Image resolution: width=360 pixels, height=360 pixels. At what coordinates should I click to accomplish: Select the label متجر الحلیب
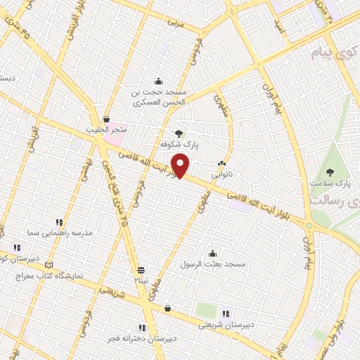pos(107,130)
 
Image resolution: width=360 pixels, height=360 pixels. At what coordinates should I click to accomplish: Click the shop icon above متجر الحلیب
pos(106,120)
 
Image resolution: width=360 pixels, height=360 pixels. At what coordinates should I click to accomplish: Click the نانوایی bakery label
pos(225,171)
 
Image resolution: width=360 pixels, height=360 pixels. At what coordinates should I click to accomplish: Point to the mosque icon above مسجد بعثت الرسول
pos(213,253)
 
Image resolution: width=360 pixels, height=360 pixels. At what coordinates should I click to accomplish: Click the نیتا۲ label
pos(140,280)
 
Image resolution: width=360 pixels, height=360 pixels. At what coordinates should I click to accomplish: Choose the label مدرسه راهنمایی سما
pos(60,232)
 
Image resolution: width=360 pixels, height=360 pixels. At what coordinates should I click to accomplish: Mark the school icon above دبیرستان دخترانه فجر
pos(142,327)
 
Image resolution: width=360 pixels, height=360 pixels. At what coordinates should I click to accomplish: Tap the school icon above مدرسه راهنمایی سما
pos(58,221)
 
